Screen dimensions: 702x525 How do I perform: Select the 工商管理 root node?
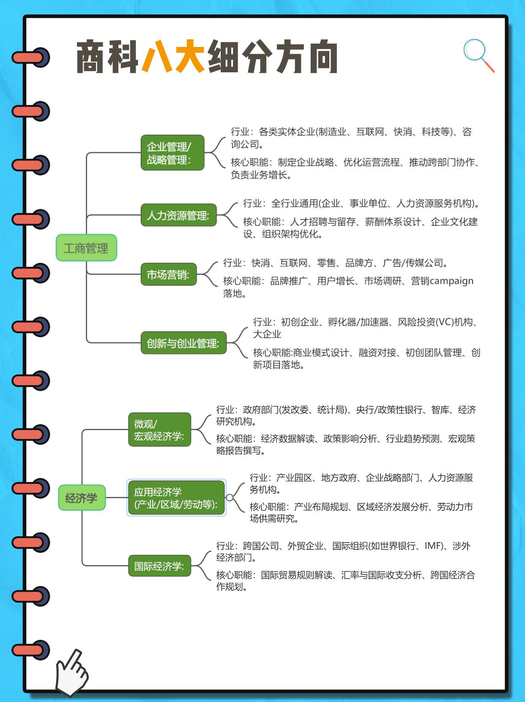[86, 248]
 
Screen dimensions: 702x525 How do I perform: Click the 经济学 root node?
[82, 498]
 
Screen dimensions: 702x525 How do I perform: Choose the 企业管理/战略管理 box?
[172, 153]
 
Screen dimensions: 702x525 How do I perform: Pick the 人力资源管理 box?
[178, 215]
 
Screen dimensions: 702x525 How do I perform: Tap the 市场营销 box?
[169, 274]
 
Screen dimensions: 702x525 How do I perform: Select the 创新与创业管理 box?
[183, 343]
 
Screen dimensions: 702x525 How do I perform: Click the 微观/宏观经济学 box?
[159, 430]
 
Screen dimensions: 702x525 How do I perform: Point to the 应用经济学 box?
[176, 498]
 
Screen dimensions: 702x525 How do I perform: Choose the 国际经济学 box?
[159, 566]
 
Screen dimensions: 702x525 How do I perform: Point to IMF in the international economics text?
[433, 546]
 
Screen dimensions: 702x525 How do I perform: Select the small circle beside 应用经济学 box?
[230, 498]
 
